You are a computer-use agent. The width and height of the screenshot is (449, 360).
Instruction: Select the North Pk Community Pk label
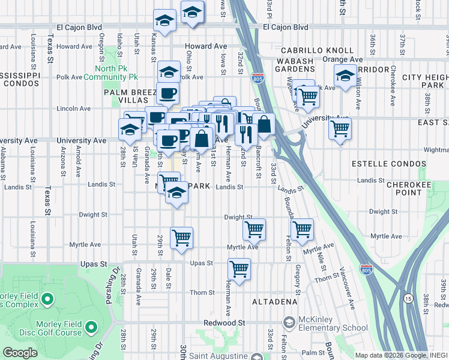(x=111, y=73)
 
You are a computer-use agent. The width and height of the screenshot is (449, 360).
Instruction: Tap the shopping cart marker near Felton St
(x=302, y=229)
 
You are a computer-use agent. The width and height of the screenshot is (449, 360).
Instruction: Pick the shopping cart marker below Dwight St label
(x=255, y=229)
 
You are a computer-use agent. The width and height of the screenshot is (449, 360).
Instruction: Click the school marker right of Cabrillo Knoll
(x=345, y=77)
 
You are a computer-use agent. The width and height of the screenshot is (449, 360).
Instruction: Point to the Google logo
(x=20, y=353)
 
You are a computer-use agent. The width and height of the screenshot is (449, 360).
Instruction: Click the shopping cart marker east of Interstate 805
(x=340, y=128)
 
